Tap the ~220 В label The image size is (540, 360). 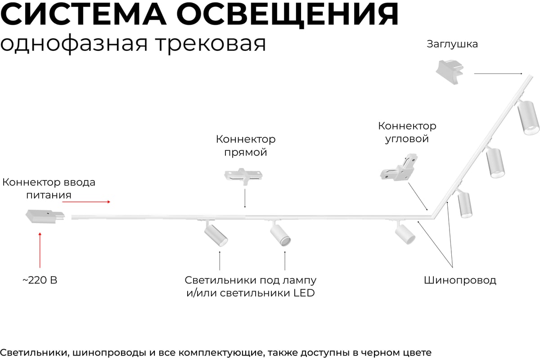(40, 280)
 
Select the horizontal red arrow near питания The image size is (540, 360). (86, 202)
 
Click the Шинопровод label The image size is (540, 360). (460, 280)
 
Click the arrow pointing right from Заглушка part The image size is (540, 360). (498, 73)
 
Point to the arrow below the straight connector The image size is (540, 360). (244, 198)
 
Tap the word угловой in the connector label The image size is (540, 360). (407, 139)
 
